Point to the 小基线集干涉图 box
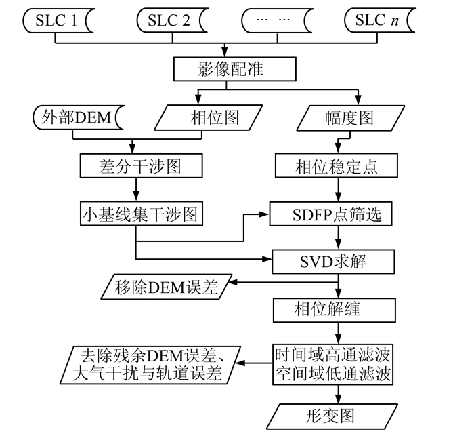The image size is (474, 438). click(141, 214)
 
